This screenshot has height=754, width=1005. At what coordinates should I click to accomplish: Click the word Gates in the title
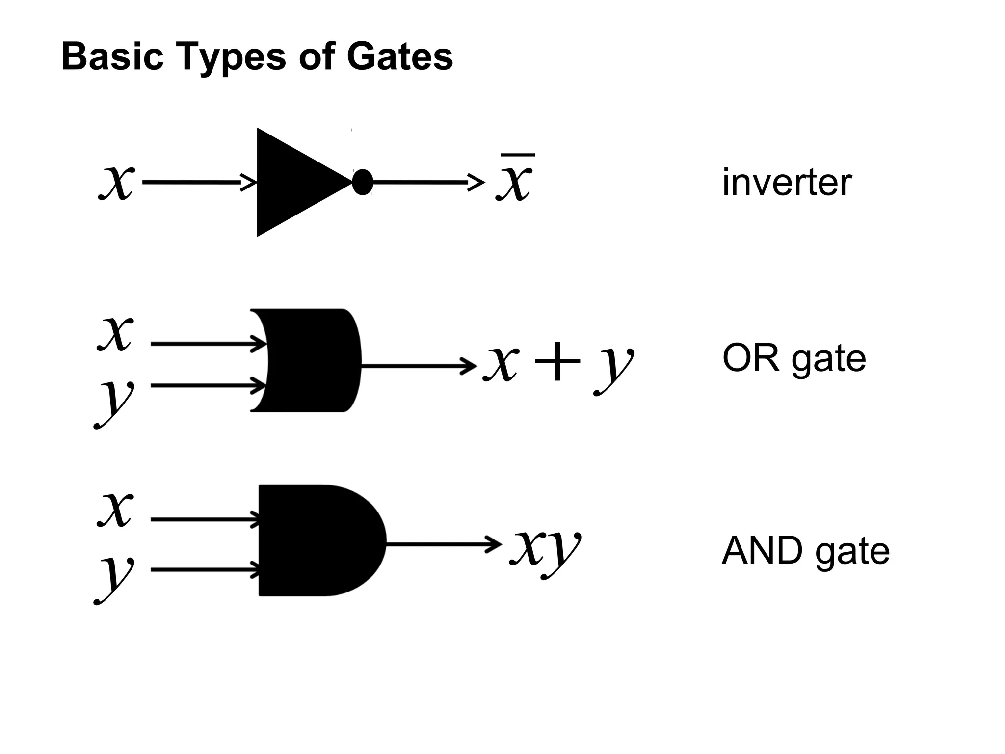399,56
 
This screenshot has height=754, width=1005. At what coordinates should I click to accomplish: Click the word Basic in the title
112,56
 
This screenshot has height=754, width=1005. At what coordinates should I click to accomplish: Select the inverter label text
787,183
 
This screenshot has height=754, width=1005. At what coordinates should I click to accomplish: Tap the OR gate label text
793,359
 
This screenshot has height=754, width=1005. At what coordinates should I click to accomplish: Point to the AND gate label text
805,551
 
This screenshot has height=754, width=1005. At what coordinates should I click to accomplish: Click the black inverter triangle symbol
294,183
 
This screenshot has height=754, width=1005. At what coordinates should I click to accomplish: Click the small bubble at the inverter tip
363,182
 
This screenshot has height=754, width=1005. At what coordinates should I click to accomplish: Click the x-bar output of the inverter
514,179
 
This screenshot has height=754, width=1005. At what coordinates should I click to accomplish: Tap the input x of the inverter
116,182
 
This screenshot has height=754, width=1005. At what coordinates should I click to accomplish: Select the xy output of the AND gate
545,547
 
